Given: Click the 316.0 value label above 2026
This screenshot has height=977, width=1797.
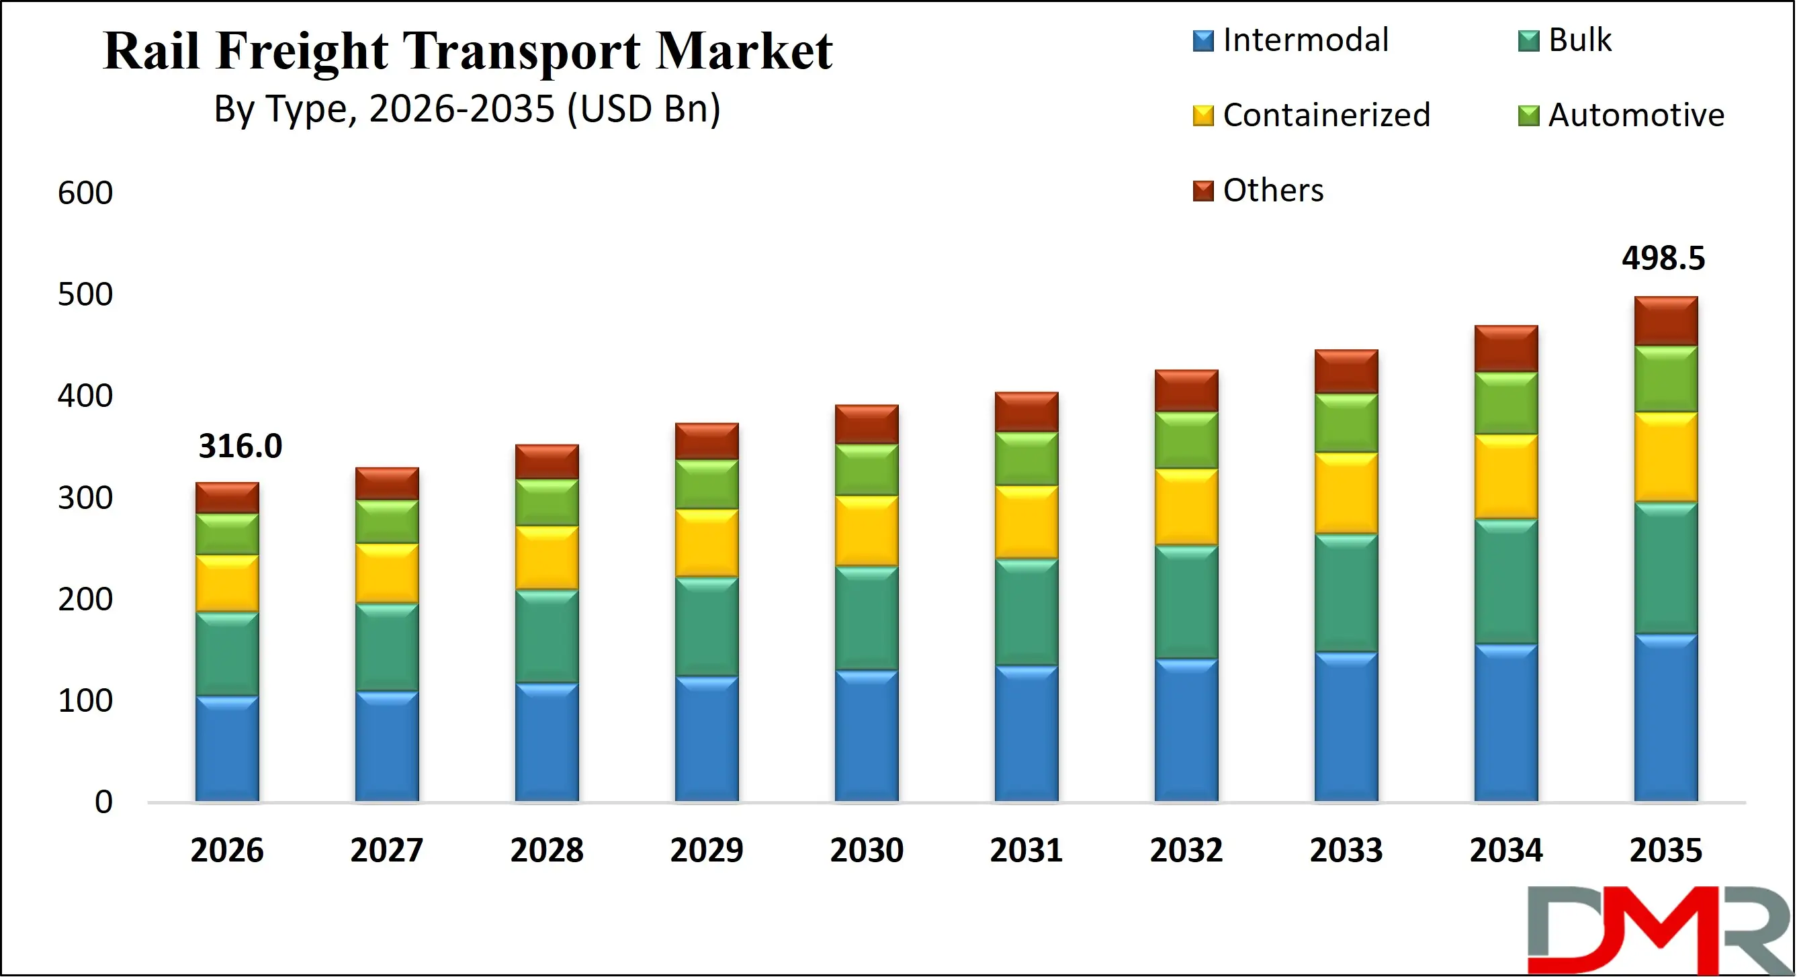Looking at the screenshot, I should (240, 447).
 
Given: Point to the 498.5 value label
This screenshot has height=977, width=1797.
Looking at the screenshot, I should (1663, 259).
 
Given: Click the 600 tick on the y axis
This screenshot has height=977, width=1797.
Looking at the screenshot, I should (85, 193).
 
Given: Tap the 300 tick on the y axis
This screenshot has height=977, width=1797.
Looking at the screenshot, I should (85, 498).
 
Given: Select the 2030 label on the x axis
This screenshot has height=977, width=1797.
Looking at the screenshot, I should (867, 851).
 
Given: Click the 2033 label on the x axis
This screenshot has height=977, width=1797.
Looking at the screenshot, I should (1346, 851).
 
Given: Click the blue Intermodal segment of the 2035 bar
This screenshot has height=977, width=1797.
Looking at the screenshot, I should (1665, 718).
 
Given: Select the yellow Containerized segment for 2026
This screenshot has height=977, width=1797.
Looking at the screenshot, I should (226, 584).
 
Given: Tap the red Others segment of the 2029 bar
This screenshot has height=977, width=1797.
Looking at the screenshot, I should (706, 441).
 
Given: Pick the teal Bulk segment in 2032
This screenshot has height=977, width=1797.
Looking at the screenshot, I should (1186, 602).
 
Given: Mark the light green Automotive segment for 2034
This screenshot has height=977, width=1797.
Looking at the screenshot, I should (1505, 404).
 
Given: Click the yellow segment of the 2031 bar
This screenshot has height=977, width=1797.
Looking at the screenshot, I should (1026, 522).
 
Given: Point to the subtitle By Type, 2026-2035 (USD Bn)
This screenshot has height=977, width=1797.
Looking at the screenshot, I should (467, 109).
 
